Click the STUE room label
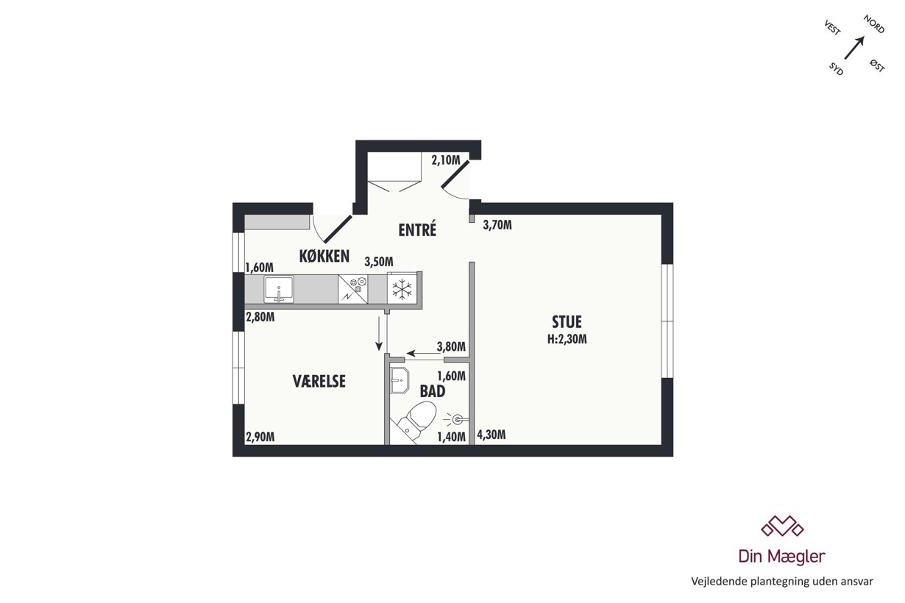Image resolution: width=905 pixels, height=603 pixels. tap(567, 322)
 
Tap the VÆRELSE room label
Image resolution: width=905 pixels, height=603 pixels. tap(319, 381)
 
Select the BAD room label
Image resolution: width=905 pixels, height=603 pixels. tap(433, 391)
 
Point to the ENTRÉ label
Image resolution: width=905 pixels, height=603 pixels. tap(417, 230)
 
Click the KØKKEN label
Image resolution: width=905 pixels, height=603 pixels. tap(324, 256)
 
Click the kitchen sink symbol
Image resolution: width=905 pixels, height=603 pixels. tap(279, 289)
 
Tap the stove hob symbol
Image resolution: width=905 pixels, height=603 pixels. tap(352, 289)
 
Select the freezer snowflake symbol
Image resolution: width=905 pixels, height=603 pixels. tap(402, 290)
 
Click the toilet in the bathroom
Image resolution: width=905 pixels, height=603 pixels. tap(416, 421)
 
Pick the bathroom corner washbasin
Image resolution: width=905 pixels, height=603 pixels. tap(400, 380)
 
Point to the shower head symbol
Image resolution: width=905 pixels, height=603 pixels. tap(457, 420)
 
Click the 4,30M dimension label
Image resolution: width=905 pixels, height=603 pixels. tap(491, 435)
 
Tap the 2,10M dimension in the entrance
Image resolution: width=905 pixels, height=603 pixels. tap(446, 160)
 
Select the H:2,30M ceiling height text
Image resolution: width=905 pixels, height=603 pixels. tap(567, 339)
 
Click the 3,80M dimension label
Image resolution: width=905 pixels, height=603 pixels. tap(451, 346)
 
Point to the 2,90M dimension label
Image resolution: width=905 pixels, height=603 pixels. tap(260, 437)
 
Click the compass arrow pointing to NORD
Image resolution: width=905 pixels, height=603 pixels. tap(854, 48)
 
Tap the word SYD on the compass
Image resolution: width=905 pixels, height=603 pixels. tap(837, 69)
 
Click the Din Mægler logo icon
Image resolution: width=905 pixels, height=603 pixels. tap(782, 527)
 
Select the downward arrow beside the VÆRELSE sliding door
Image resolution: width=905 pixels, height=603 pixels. tap(379, 334)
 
